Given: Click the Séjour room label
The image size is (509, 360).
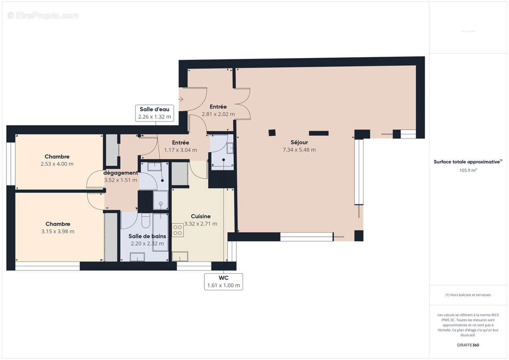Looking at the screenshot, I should pyautogui.click(x=299, y=142).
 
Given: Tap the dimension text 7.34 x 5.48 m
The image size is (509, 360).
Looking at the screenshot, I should pyautogui.click(x=298, y=150).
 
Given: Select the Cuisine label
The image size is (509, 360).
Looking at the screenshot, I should pyautogui.click(x=200, y=216).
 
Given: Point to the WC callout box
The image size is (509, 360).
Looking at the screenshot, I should pyautogui.click(x=224, y=282).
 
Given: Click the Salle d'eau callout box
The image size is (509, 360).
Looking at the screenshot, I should pyautogui.click(x=154, y=113).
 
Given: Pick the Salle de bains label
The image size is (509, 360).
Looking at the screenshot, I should pyautogui.click(x=147, y=236).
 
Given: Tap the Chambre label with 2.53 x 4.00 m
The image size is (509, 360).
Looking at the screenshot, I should pyautogui.click(x=57, y=157).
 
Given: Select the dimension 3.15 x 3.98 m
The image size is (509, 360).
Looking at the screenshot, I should pyautogui.click(x=58, y=231).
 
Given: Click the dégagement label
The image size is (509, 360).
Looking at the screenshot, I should pyautogui.click(x=121, y=173).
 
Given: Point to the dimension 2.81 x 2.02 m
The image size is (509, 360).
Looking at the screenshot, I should pyautogui.click(x=218, y=114).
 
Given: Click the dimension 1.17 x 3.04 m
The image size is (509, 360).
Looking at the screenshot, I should pyautogui.click(x=180, y=150).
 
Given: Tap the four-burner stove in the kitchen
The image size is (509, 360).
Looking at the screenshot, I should pyautogui.click(x=178, y=230).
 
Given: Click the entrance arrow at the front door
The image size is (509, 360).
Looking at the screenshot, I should pyautogui.click(x=181, y=99).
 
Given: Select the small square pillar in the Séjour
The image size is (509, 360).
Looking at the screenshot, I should pyautogui.click(x=272, y=132).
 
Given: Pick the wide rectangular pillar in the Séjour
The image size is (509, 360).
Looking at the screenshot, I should pyautogui.click(x=319, y=133).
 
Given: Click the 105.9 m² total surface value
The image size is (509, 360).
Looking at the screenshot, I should pyautogui.click(x=468, y=170).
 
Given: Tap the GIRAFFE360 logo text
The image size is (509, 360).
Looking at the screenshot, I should pyautogui.click(x=468, y=345).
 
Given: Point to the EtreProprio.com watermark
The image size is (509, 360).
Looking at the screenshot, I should pyautogui.click(x=43, y=16).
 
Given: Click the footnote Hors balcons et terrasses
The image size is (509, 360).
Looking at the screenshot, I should pyautogui.click(x=468, y=295).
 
